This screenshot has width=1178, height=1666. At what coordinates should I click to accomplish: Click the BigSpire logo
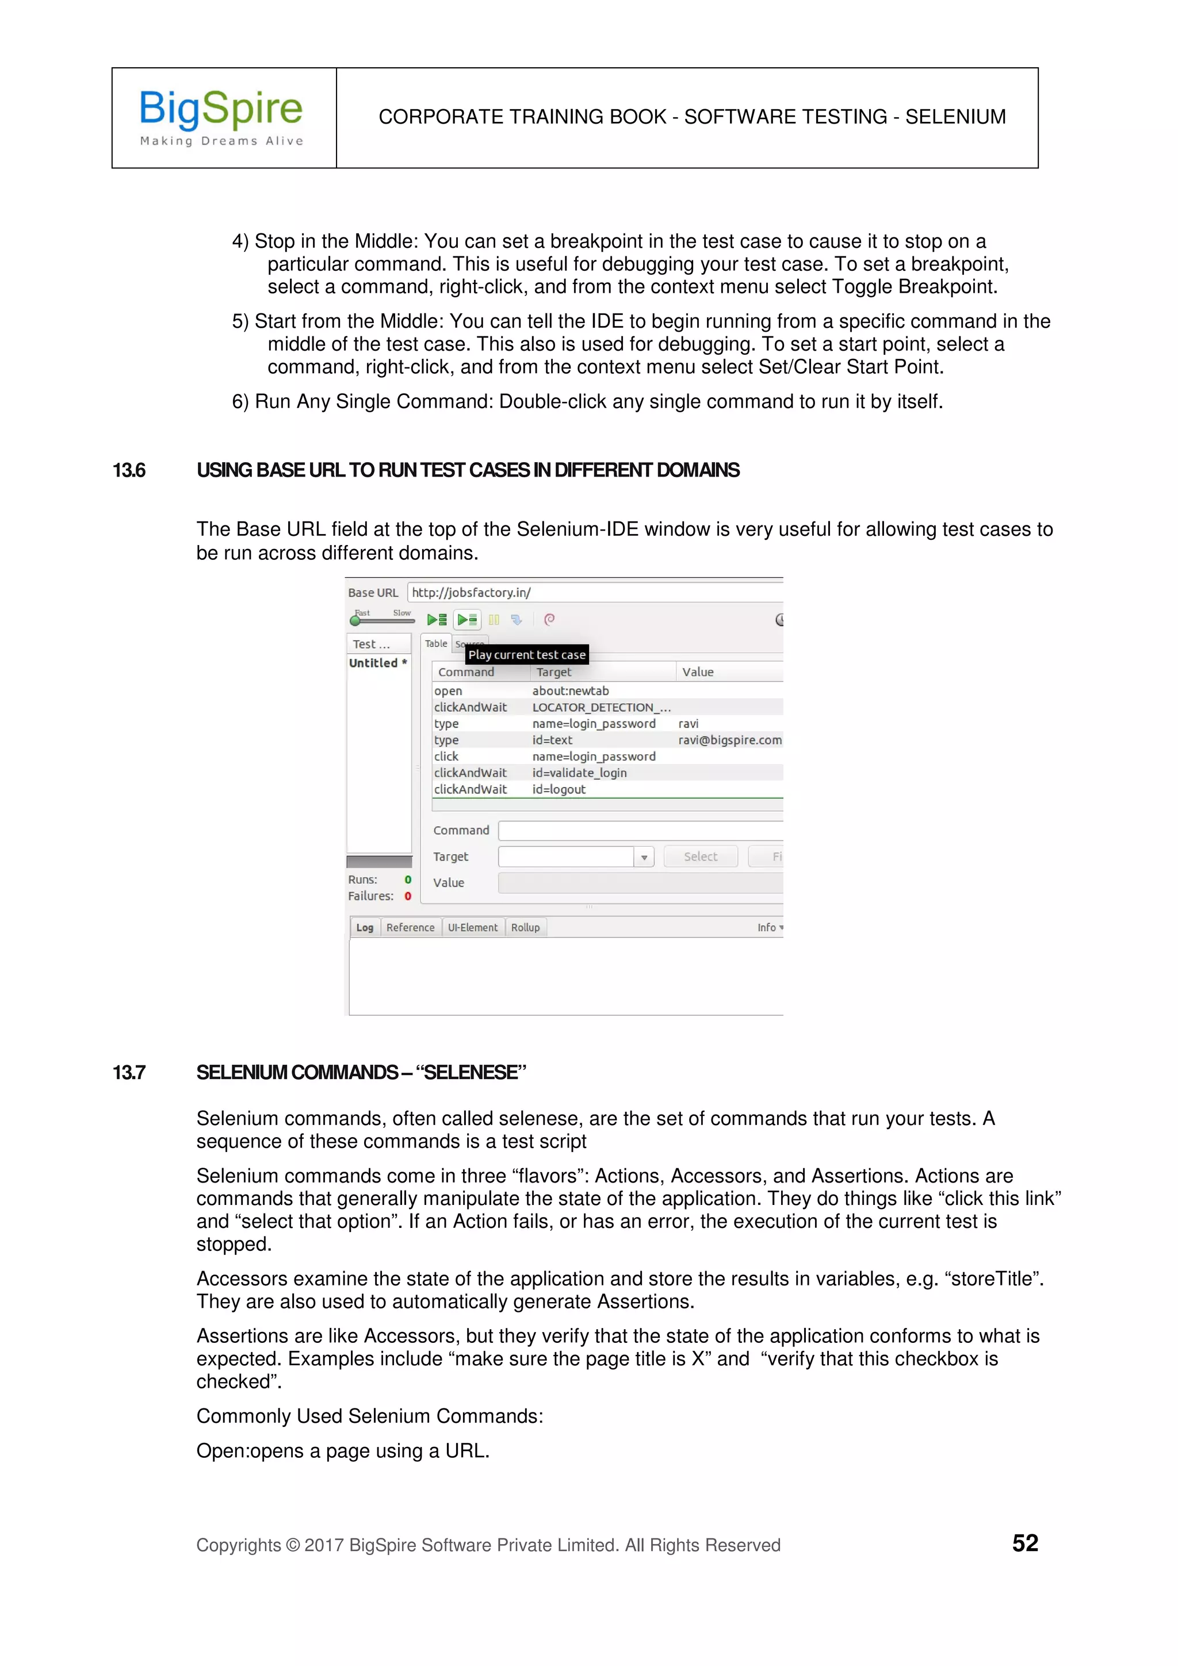click(221, 116)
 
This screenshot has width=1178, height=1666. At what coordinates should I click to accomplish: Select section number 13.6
click(129, 470)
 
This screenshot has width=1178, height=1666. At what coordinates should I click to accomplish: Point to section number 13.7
click(129, 1073)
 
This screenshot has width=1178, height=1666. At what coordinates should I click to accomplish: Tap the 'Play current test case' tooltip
click(526, 654)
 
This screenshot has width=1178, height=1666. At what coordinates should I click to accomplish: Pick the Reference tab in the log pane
click(410, 927)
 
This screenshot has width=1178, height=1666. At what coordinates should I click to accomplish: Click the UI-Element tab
click(472, 927)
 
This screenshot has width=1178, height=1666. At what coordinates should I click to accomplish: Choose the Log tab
click(364, 927)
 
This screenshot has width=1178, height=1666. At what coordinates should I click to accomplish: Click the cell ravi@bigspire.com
click(729, 740)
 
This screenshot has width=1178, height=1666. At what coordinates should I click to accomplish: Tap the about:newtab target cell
click(570, 691)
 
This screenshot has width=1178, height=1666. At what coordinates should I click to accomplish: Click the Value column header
click(698, 672)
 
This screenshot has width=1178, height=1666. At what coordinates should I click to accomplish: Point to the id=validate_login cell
click(579, 773)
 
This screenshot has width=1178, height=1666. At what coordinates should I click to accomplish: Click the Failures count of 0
click(407, 896)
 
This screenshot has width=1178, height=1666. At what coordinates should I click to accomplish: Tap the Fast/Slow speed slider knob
click(354, 620)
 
